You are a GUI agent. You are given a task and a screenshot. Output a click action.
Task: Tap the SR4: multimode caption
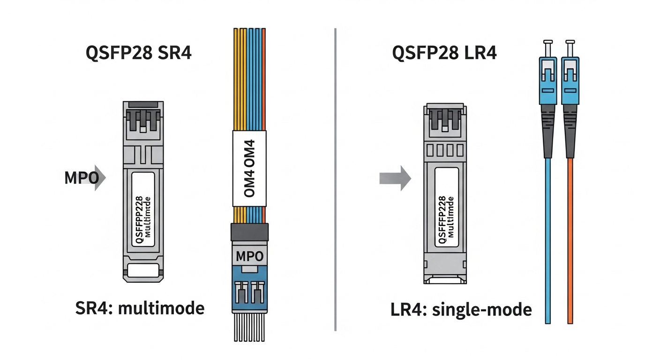[x=140, y=308]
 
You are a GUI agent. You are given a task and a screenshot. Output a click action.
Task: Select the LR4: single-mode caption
[x=461, y=310]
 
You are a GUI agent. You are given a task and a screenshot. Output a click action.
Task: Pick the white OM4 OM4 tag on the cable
[x=249, y=169]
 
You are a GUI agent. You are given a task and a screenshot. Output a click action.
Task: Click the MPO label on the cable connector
[x=249, y=256]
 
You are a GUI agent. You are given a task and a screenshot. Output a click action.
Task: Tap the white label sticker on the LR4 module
[x=447, y=207]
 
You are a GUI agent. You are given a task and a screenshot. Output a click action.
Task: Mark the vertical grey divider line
[x=336, y=178]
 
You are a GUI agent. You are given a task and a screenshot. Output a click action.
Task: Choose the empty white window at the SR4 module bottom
[x=143, y=270]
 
